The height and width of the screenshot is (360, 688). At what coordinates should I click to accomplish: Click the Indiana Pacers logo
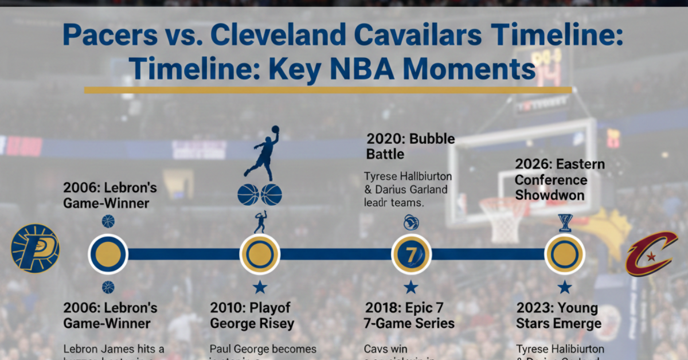click(x=35, y=248)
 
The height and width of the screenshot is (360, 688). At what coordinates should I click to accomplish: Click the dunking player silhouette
click(x=263, y=152)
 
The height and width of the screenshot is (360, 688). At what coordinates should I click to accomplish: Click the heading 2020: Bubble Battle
click(x=411, y=146)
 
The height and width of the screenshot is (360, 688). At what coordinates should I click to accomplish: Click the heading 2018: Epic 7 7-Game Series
click(x=409, y=315)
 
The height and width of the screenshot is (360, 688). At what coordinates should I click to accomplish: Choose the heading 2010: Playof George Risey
click(x=252, y=315)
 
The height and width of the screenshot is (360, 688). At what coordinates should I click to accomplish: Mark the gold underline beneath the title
click(x=327, y=90)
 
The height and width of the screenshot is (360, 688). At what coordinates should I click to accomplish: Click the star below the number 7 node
click(x=411, y=287)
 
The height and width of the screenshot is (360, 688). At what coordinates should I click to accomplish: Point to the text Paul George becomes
click(x=263, y=349)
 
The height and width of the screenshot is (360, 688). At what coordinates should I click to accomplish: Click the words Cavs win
click(x=385, y=349)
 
